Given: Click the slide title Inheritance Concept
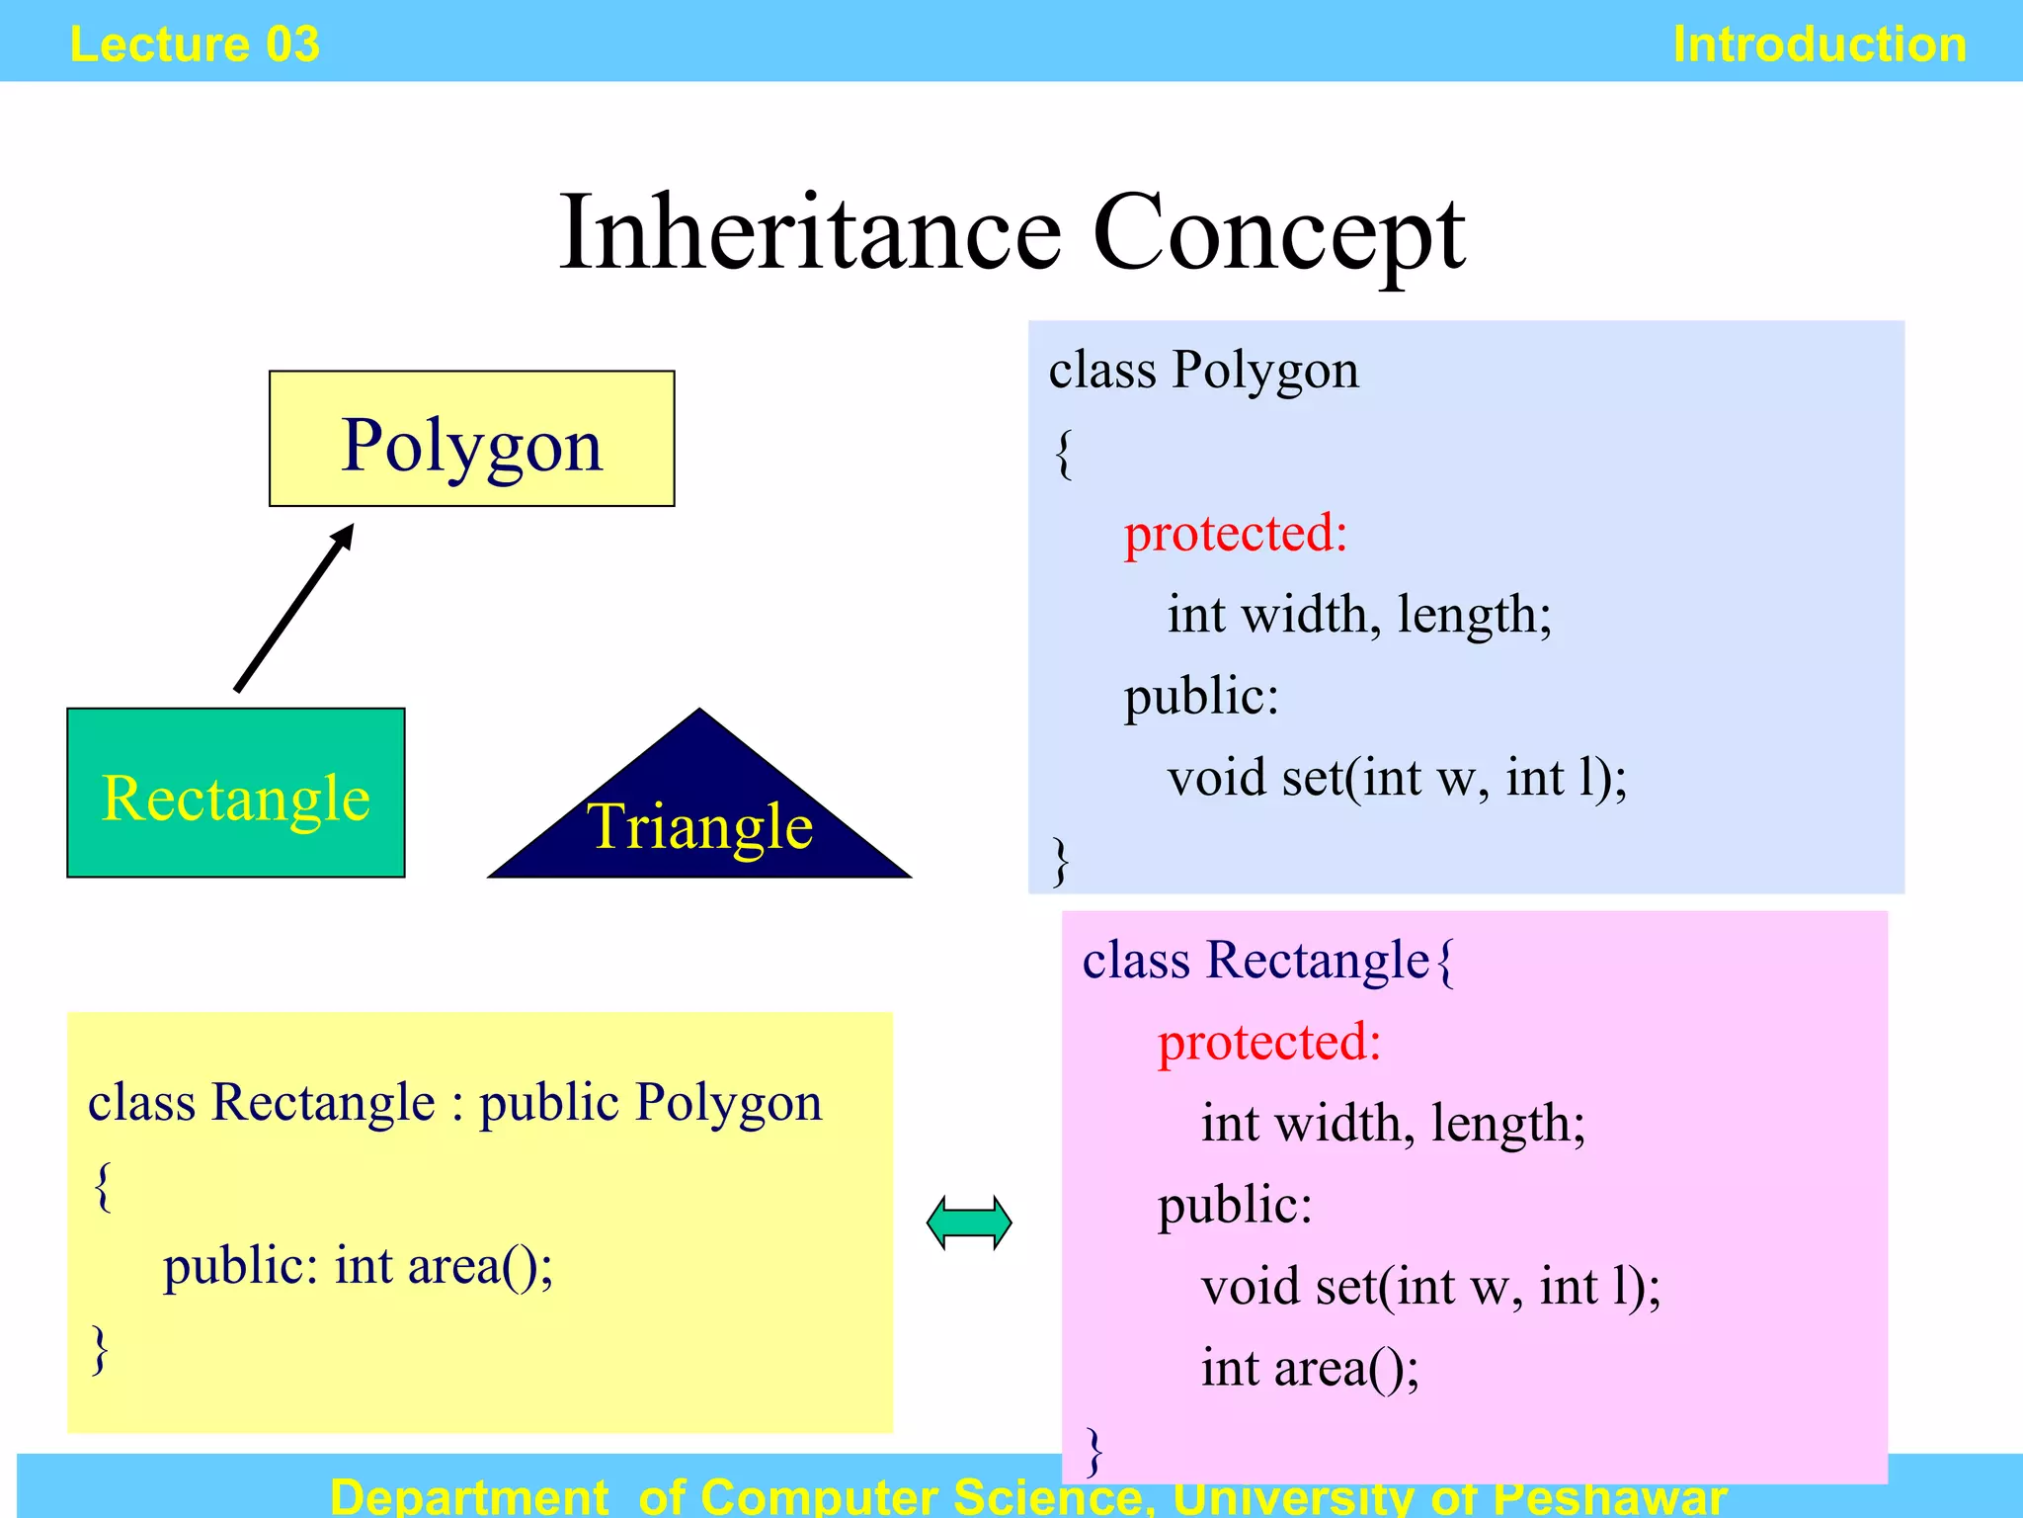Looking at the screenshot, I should pos(1011,233).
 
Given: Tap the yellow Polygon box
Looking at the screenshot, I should pos(471,440).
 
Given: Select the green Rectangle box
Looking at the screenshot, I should pos(236,794).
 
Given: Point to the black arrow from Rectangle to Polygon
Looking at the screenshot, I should pos(293,609).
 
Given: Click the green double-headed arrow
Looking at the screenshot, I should pos(969,1223).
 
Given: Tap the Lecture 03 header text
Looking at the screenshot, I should pos(195,44).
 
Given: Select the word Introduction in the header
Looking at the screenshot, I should pos(1820,44).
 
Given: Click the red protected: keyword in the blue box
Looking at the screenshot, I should pos(1236,534).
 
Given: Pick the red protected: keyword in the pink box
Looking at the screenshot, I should pos(1269,1042).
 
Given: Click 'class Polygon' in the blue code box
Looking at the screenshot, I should pos(1203,371).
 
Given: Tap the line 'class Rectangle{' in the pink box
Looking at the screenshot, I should pos(1268,961).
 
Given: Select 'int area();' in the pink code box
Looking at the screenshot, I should pos(1310,1369).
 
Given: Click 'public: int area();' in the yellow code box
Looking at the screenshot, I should pos(358,1266).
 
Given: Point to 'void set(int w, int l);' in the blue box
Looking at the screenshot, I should pos(1397,778).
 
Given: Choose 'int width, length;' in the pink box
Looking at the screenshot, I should pos(1393,1124).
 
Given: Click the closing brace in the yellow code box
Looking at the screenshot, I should pos(100,1349).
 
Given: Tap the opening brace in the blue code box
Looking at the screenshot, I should pos(1063,454).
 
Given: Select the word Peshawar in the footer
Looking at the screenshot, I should pos(1610,1496).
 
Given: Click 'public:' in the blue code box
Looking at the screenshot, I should pos(1201,696).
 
